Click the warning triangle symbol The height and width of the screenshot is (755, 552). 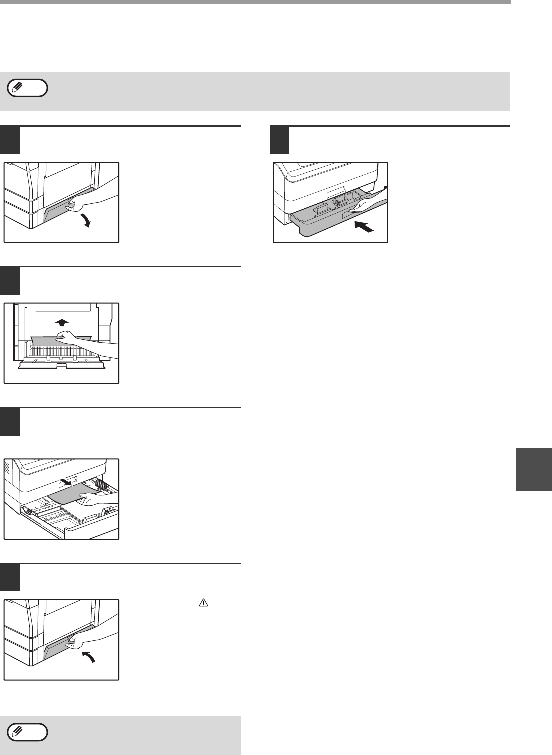coord(203,604)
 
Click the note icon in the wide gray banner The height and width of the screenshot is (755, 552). coord(28,89)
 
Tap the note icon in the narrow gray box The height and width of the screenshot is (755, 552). coord(28,733)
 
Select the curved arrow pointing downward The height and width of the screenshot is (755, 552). coord(87,220)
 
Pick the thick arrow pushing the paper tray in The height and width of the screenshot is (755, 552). coord(363,228)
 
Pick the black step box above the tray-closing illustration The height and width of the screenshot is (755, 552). coord(279,140)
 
